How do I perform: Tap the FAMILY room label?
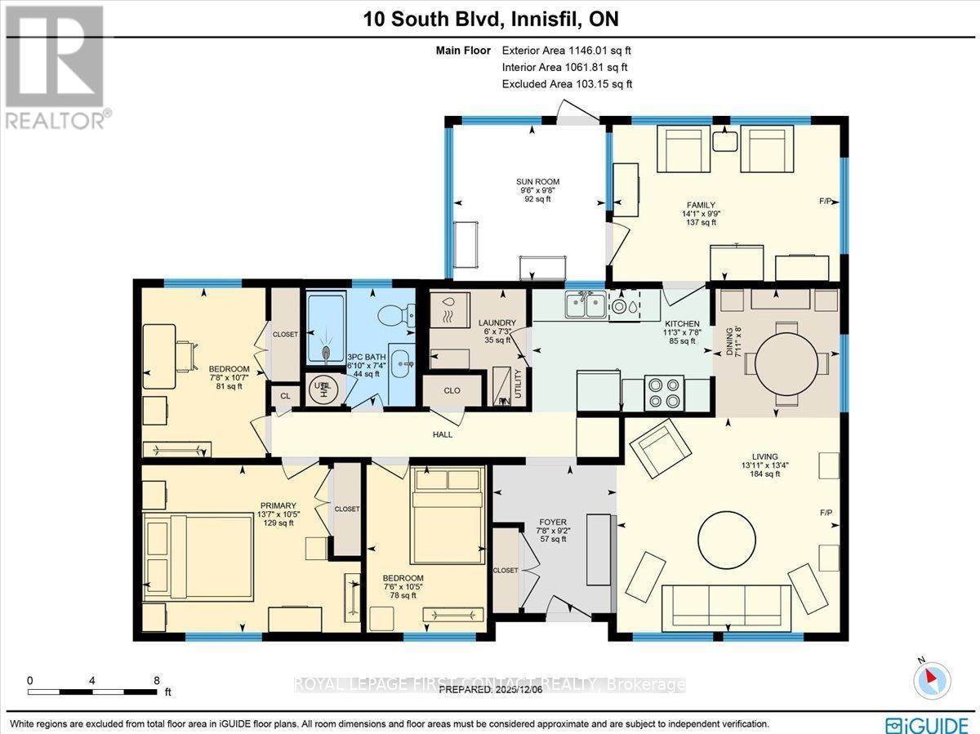pos(701,205)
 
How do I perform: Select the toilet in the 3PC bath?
pos(395,311)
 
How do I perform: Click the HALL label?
pos(442,434)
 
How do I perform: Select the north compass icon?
pos(930,679)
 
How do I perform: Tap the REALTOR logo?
pos(56,66)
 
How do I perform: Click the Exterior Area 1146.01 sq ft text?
pos(566,50)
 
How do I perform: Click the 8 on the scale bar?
pos(156,680)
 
